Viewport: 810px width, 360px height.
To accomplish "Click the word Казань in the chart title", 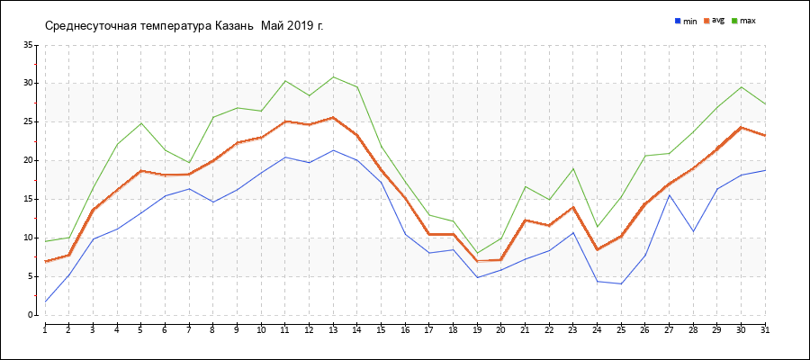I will [234, 25].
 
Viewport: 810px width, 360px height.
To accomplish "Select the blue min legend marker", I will [678, 20].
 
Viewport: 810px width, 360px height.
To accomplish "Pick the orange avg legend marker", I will [707, 20].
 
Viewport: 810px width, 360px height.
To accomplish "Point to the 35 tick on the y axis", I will [28, 45].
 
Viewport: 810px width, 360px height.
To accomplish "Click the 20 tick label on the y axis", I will [28, 160].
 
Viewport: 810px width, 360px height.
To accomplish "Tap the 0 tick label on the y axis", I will [31, 315].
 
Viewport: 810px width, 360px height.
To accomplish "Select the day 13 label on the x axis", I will [333, 330].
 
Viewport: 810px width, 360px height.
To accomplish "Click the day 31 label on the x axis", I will [765, 330].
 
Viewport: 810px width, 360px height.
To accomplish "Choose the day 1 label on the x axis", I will [45, 330].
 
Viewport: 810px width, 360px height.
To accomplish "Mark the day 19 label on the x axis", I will [477, 330].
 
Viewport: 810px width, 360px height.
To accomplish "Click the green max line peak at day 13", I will [333, 76].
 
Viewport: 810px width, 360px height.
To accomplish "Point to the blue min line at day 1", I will [45, 301].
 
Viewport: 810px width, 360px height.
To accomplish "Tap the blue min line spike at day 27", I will [669, 195].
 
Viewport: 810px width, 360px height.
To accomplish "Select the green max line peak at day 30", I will [741, 87].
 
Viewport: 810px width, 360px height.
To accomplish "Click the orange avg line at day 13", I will [333, 117].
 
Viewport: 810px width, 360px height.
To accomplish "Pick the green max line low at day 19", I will [477, 253].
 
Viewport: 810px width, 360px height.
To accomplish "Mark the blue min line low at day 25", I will [621, 283].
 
